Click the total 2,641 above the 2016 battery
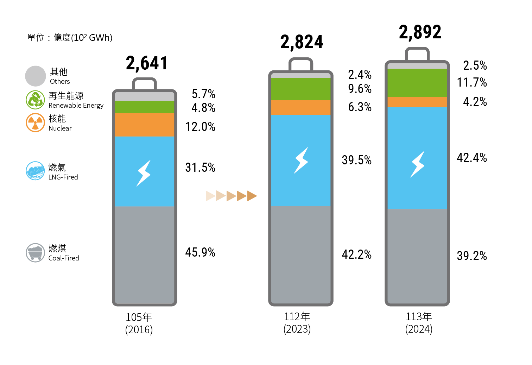147,63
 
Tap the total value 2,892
420,32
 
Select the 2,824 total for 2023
302,42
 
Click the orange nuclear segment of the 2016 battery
144,125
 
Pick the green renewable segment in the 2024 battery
417,83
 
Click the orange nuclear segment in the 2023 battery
300,107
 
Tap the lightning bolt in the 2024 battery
418,164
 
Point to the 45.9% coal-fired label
200,252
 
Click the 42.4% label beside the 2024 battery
471,158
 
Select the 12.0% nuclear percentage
200,127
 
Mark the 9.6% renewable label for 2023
360,89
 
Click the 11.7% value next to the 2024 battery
471,83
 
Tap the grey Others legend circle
36,76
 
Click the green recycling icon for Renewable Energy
36,100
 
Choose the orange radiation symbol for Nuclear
36,122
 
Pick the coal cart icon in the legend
36,253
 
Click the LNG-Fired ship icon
36,171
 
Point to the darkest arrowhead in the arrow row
252,196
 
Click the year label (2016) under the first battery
139,330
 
